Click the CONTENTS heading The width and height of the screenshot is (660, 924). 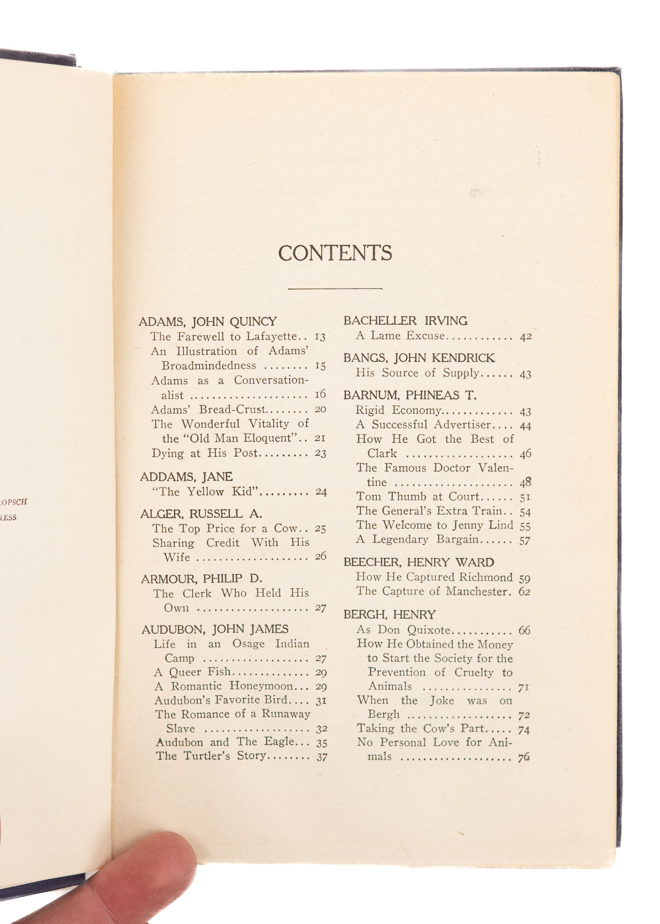point(335,253)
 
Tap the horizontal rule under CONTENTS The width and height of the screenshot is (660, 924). point(335,288)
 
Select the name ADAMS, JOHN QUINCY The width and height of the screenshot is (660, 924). point(208,322)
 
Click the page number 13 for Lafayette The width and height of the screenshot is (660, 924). point(320,338)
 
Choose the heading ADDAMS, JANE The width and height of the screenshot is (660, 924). point(186,477)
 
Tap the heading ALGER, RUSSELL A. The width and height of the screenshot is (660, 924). point(201,514)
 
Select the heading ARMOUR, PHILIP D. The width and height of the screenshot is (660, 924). point(201,579)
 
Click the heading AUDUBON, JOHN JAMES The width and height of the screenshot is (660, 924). point(215,629)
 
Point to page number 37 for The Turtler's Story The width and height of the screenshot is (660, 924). point(322,757)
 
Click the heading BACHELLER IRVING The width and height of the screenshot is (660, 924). point(405,321)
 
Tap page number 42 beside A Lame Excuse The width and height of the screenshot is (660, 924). point(525,337)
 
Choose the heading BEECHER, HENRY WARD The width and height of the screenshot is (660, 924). point(418,562)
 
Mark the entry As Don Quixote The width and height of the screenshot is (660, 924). point(404,630)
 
